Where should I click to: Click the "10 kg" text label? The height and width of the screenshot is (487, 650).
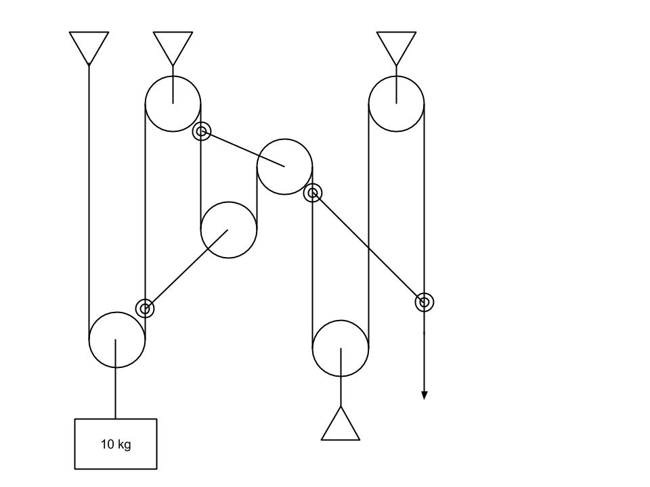click(x=116, y=444)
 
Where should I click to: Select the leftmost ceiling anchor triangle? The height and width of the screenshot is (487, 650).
click(x=89, y=45)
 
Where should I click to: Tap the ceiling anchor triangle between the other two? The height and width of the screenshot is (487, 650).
click(x=173, y=45)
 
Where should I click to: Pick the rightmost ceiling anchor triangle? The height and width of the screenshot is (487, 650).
click(x=396, y=45)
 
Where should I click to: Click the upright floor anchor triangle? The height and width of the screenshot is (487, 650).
click(x=341, y=427)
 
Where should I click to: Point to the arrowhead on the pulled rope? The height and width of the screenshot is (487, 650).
click(x=424, y=395)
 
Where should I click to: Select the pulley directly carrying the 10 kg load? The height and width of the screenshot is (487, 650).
click(x=116, y=340)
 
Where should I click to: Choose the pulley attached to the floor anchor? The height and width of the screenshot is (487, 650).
click(x=341, y=348)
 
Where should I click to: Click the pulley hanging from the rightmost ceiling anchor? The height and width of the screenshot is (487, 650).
click(x=396, y=103)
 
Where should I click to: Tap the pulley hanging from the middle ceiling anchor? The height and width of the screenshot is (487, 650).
click(x=173, y=103)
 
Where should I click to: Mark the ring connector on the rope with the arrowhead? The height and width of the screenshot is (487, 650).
click(x=424, y=302)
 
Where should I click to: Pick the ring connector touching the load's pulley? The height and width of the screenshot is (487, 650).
click(x=145, y=309)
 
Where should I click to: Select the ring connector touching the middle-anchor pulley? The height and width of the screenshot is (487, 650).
click(x=201, y=131)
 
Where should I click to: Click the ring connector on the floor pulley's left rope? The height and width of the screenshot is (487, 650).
click(x=312, y=193)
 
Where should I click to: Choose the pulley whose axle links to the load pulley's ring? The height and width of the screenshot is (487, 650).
click(x=229, y=230)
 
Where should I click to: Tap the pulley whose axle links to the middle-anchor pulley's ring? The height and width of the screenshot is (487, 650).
click(x=284, y=166)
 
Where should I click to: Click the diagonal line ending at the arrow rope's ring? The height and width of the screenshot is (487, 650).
click(x=369, y=248)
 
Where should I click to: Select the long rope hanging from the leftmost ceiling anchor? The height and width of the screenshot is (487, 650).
click(x=89, y=203)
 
